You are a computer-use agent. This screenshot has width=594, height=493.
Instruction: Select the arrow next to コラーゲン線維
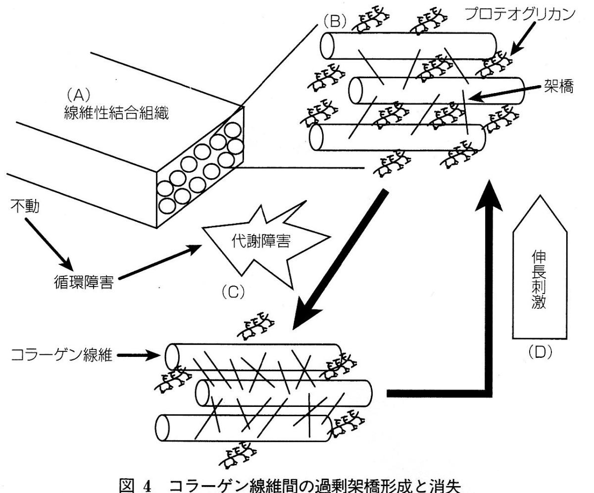coord(141,356)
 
